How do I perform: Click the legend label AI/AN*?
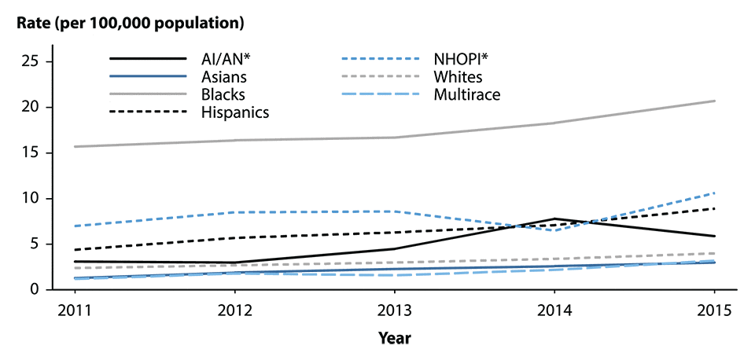coord(226,60)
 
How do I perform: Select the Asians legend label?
coord(223,77)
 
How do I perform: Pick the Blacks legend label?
coord(223,94)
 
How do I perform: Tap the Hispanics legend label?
coord(234,112)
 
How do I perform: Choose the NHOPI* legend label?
coord(457,60)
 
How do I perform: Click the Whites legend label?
coord(457,77)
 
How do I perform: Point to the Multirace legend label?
coord(466,94)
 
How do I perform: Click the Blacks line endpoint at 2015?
coord(715,101)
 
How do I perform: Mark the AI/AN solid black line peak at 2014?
coord(555,219)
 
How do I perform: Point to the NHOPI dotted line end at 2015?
coord(715,193)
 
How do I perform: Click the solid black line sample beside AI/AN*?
coord(149,60)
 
